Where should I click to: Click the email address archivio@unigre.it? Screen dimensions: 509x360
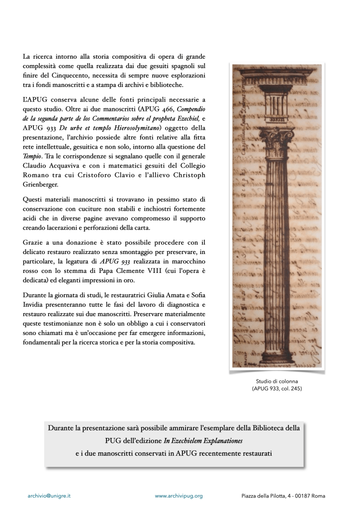coord(48,496)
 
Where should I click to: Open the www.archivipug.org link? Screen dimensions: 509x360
coord(179,496)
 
